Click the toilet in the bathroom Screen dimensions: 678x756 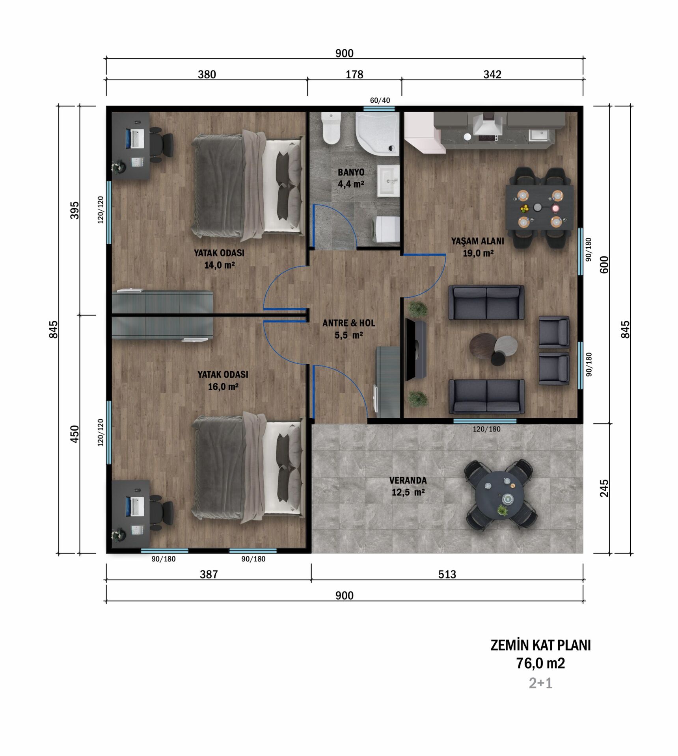pyautogui.click(x=331, y=128)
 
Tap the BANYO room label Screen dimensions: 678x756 pyautogui.click(x=351, y=172)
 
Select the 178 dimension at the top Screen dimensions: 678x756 pyautogui.click(x=354, y=74)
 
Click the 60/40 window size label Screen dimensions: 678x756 pyautogui.click(x=380, y=100)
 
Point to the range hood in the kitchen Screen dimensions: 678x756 pyautogui.click(x=488, y=123)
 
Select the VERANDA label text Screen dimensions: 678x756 pyautogui.click(x=408, y=480)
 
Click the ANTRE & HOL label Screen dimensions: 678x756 pyautogui.click(x=349, y=323)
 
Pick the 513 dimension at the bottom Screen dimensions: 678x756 pyautogui.click(x=447, y=574)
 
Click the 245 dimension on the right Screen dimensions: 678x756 pyautogui.click(x=604, y=488)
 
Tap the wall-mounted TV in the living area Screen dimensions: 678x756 pyautogui.click(x=415, y=350)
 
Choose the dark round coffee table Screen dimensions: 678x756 pyautogui.click(x=483, y=345)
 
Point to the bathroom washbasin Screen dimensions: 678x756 pyautogui.click(x=389, y=181)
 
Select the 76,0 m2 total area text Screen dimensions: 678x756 pyautogui.click(x=540, y=663)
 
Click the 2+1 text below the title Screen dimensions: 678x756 pyautogui.click(x=540, y=683)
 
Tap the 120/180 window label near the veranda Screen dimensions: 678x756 pyautogui.click(x=486, y=429)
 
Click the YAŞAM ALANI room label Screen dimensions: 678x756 pyautogui.click(x=477, y=241)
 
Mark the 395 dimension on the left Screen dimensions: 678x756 pyautogui.click(x=75, y=210)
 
